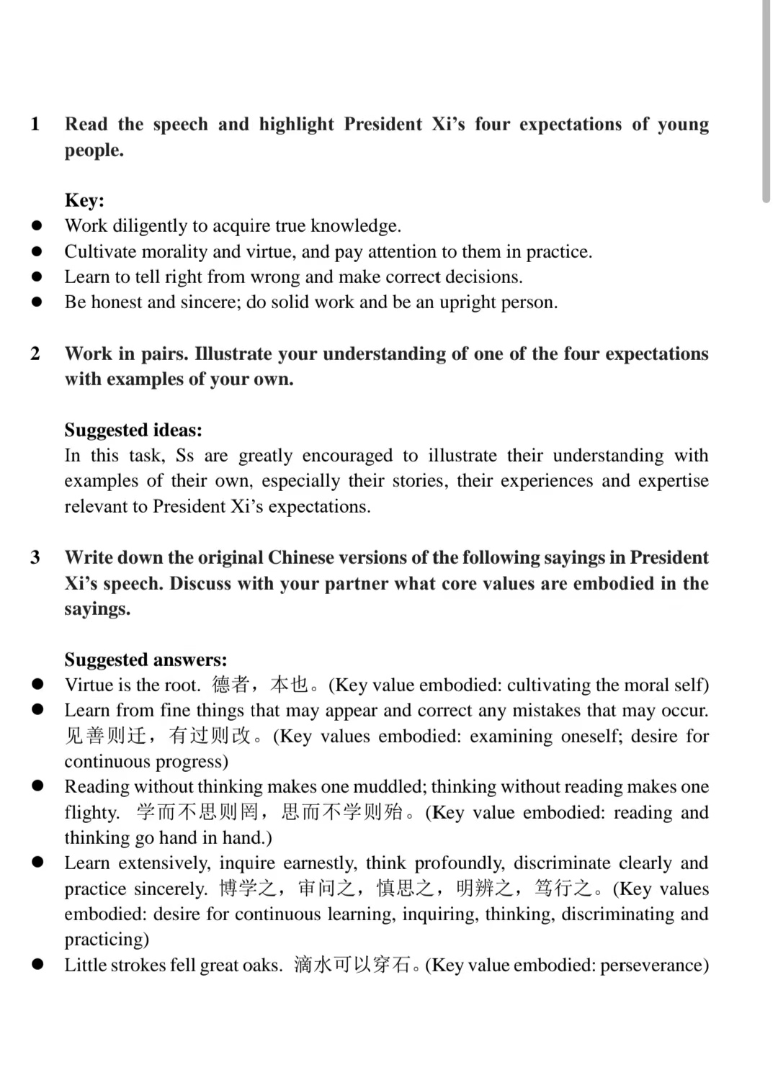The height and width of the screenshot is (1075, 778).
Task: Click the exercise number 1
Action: [x=35, y=124]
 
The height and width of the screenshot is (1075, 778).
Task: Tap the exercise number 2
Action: [x=35, y=354]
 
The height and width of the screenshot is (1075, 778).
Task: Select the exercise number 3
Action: [x=35, y=557]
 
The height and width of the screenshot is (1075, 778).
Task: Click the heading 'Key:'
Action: [x=84, y=200]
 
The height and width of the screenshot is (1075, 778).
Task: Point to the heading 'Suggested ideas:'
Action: [x=133, y=430]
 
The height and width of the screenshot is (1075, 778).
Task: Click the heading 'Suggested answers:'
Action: [x=146, y=660]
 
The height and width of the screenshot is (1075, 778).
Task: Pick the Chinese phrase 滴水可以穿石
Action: [x=353, y=965]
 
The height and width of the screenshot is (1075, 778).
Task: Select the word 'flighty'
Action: [x=90, y=812]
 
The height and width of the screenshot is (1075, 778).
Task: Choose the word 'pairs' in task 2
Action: [x=163, y=354]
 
